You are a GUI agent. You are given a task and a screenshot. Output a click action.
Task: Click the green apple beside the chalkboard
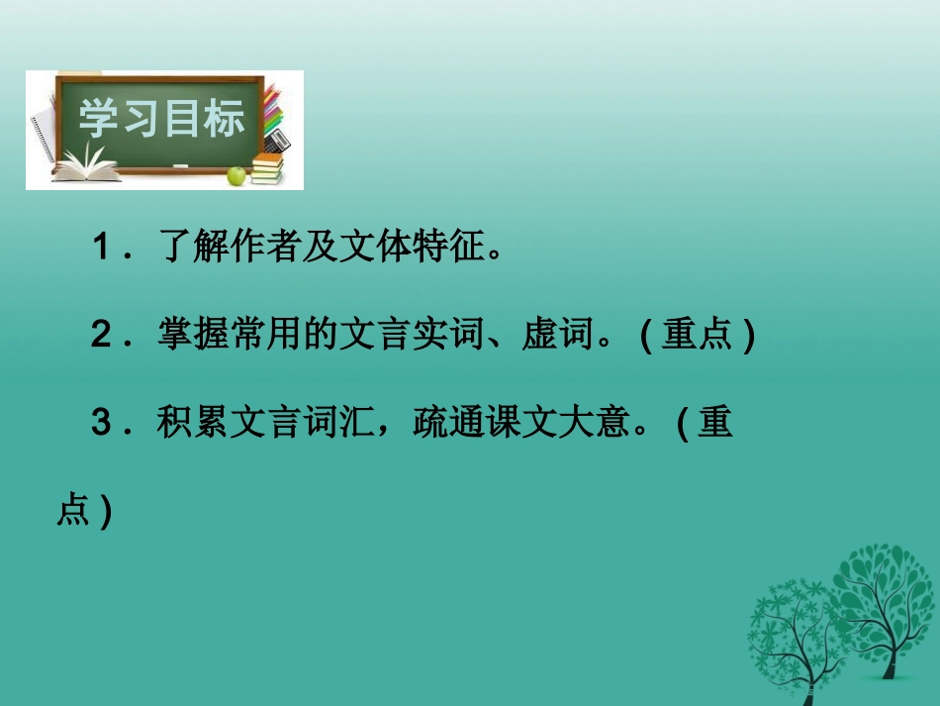pyautogui.click(x=235, y=176)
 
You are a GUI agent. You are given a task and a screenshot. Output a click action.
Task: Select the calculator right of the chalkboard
pyautogui.click(x=278, y=138)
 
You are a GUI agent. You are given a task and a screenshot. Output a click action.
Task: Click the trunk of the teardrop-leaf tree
pyautogui.click(x=893, y=654)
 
